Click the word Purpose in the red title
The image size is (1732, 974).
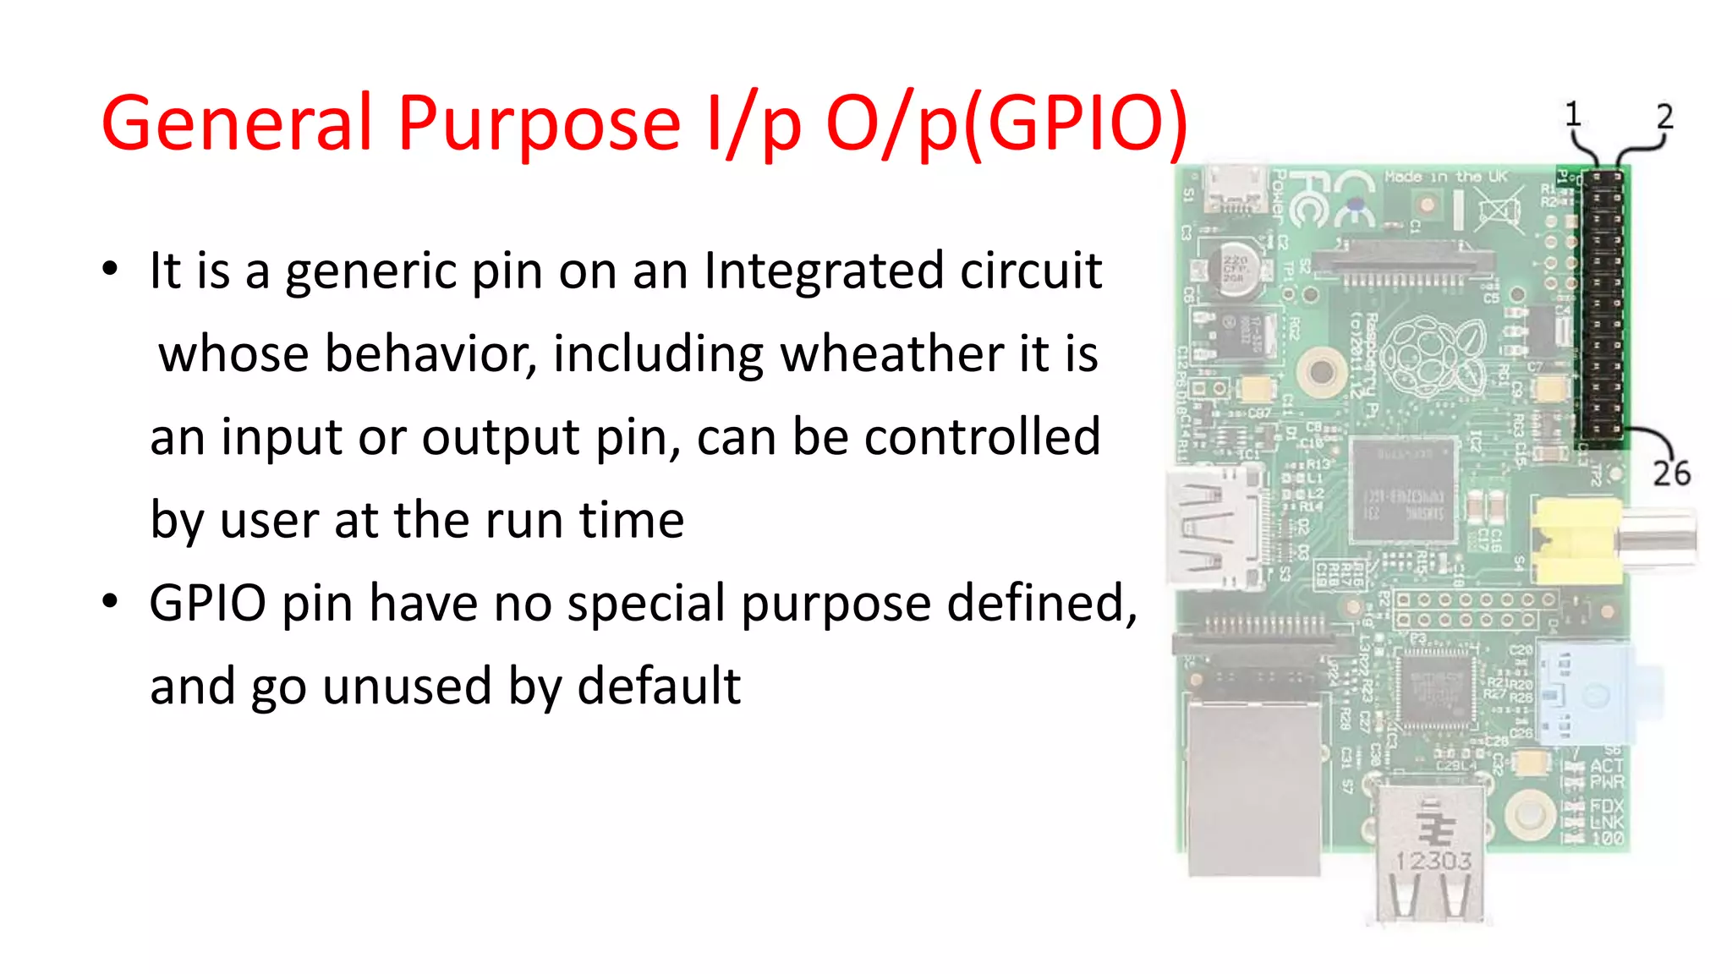[539, 123]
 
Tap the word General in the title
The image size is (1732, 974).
[237, 123]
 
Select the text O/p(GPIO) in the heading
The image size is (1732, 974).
[1006, 123]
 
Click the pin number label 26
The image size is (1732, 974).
[1671, 473]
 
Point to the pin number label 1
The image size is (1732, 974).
[1572, 114]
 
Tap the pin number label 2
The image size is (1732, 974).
[1664, 117]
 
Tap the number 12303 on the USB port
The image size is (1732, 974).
[1433, 861]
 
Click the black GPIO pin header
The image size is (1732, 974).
[1602, 309]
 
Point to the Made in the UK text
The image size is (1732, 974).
[1446, 177]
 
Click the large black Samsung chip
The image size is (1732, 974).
[1403, 490]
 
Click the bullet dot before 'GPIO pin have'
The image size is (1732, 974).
[110, 602]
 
